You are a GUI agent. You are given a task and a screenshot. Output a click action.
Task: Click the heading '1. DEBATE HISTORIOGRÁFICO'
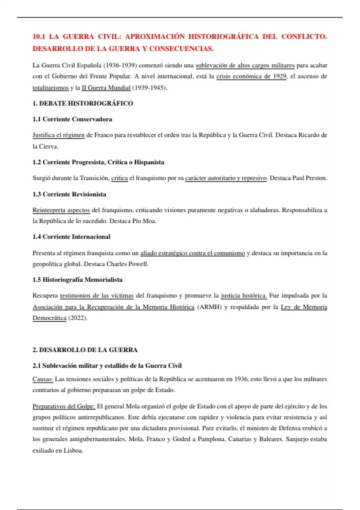click(x=82, y=103)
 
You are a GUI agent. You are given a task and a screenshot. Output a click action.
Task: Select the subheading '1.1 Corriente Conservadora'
click(x=72, y=119)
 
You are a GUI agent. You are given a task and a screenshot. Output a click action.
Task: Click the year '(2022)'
click(x=77, y=318)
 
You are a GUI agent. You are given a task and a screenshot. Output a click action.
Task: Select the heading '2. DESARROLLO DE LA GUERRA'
click(x=85, y=350)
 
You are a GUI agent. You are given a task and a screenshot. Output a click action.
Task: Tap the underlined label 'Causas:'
click(x=43, y=379)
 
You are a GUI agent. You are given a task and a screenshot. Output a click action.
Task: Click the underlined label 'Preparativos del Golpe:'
click(x=64, y=406)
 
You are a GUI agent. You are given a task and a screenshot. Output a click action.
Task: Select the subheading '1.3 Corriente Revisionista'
click(x=69, y=194)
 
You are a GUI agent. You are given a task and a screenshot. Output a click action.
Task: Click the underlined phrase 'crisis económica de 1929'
click(x=251, y=76)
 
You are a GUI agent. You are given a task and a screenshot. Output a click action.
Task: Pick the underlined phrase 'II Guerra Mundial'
click(x=106, y=88)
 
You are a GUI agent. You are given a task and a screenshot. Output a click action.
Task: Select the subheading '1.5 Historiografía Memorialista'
click(x=77, y=280)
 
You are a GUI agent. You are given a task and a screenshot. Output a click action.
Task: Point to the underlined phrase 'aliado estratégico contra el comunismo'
click(x=193, y=253)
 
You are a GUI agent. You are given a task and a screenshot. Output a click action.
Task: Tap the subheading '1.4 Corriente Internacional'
click(x=71, y=237)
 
